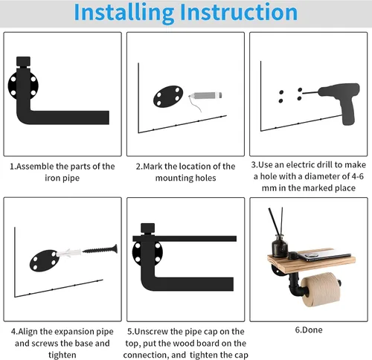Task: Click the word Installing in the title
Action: [x=124, y=13]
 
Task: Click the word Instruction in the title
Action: [x=239, y=12]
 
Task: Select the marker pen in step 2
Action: [x=205, y=95]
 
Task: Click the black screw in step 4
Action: [x=100, y=249]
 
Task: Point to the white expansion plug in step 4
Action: [x=69, y=253]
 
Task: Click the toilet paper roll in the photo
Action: [x=321, y=289]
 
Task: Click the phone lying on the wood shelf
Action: [x=325, y=255]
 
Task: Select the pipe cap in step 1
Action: [x=23, y=61]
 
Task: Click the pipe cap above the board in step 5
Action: [x=148, y=228]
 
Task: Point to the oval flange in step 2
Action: [x=168, y=97]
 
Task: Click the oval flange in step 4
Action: [x=45, y=260]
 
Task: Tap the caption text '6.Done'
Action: [x=309, y=330]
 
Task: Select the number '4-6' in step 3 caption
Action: [x=357, y=176]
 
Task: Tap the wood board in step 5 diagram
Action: [x=185, y=239]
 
